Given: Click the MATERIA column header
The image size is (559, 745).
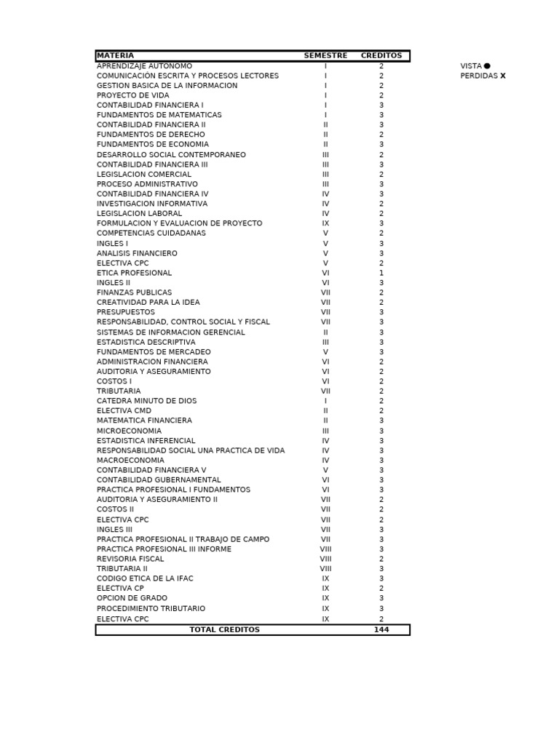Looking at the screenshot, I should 115,56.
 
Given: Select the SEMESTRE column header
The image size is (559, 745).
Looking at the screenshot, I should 325,56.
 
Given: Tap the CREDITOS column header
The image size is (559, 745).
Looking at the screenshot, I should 381,56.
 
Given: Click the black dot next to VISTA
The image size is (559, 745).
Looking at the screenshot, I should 487,66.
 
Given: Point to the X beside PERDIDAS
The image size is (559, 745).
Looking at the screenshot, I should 503,76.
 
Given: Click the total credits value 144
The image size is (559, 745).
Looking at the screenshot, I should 381,630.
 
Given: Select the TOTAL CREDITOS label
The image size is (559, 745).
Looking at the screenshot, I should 224,630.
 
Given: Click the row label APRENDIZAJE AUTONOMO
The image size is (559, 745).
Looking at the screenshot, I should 144,66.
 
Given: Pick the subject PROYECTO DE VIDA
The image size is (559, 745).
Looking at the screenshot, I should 132,95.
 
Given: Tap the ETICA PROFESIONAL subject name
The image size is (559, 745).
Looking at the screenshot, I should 134,273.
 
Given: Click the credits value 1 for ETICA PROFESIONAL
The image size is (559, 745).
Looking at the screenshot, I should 381,273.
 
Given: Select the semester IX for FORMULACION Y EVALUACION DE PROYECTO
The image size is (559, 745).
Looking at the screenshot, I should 325,223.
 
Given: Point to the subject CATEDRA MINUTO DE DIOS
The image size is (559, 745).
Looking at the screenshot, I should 146,401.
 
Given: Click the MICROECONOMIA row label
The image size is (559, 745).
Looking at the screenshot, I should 129,431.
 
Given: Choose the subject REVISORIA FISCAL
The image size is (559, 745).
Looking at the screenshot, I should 130,559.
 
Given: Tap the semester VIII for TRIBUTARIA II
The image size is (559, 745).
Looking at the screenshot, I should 325,569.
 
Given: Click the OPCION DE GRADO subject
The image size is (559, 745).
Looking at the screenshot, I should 132,598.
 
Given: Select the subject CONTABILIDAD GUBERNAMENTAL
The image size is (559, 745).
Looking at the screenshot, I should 159,480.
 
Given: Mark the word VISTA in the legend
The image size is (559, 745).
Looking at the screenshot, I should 471,66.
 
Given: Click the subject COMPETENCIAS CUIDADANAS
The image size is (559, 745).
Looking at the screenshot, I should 151,234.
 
